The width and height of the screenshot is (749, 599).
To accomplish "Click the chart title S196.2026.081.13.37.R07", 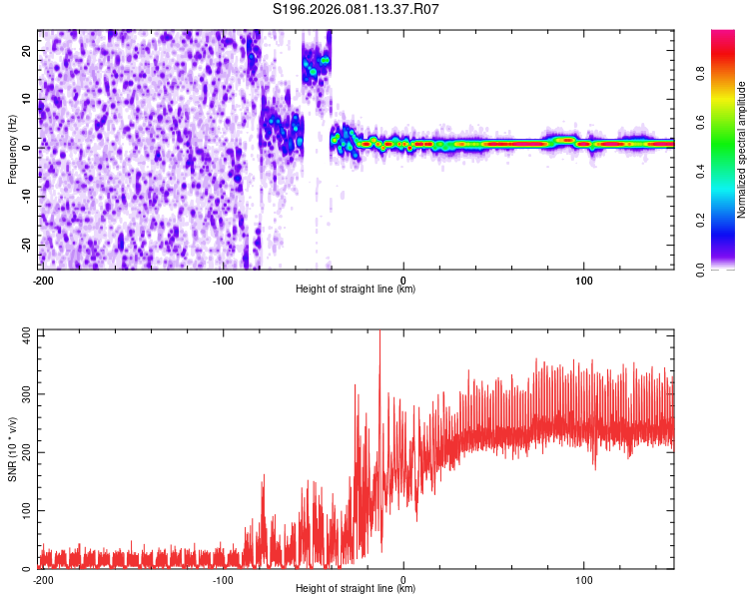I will tap(357, 10).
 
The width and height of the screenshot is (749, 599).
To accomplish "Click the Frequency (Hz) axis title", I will tap(12, 147).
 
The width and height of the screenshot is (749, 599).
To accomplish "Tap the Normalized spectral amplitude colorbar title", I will tap(742, 150).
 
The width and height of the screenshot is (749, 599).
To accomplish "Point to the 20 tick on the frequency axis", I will tap(29, 50).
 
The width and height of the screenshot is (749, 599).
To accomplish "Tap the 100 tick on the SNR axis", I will tap(25, 510).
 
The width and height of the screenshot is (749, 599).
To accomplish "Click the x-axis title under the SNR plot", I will tap(356, 589).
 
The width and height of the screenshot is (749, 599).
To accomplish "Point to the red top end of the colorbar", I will tap(723, 36).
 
